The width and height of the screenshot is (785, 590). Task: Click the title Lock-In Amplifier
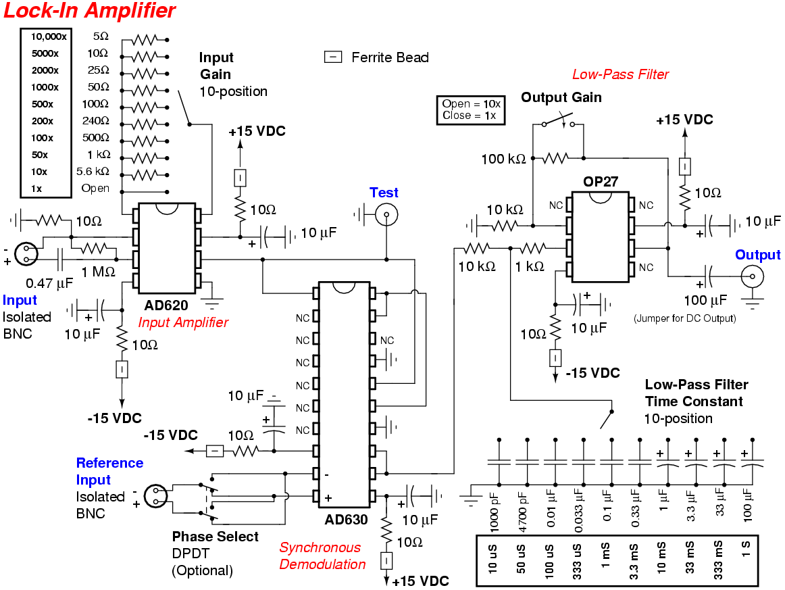pyautogui.click(x=90, y=11)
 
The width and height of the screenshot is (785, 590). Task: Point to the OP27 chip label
pyautogui.click(x=601, y=181)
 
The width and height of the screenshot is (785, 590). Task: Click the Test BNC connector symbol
pyautogui.click(x=386, y=216)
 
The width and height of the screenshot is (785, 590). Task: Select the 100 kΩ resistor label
pyautogui.click(x=503, y=159)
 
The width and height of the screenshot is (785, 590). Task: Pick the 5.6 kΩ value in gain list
pyautogui.click(x=94, y=172)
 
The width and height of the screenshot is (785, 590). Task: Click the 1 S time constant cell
pyautogui.click(x=746, y=560)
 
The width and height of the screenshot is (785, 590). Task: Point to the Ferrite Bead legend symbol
pyautogui.click(x=334, y=57)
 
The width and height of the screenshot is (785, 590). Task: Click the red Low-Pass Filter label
pyautogui.click(x=620, y=74)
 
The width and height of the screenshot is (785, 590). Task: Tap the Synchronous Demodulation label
pyautogui.click(x=322, y=556)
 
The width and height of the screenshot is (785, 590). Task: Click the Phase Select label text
pyautogui.click(x=215, y=537)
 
